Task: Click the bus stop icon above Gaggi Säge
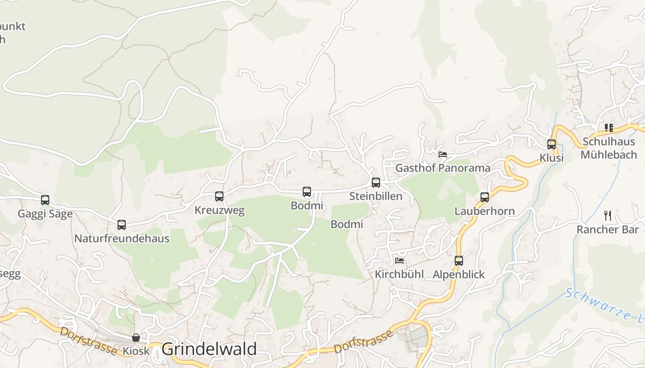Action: (x=45, y=200)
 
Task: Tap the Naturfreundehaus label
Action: (x=122, y=238)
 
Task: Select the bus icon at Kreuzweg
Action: (x=219, y=196)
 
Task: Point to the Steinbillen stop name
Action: (x=375, y=196)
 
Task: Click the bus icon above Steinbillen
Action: (x=376, y=183)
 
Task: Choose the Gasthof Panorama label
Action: (x=443, y=168)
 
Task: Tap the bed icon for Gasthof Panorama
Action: (x=443, y=155)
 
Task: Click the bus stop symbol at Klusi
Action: (x=551, y=144)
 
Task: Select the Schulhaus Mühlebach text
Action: (x=609, y=148)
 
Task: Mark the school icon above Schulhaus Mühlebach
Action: (x=609, y=127)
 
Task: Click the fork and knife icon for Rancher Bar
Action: (x=608, y=215)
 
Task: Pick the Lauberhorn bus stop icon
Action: (x=485, y=197)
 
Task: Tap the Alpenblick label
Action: (x=458, y=275)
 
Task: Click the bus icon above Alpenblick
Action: (x=459, y=261)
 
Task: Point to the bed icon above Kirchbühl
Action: (x=399, y=261)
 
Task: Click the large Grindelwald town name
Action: (x=209, y=349)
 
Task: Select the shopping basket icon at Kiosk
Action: (x=136, y=338)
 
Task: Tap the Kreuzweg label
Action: (x=219, y=211)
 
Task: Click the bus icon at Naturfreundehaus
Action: (x=122, y=225)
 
